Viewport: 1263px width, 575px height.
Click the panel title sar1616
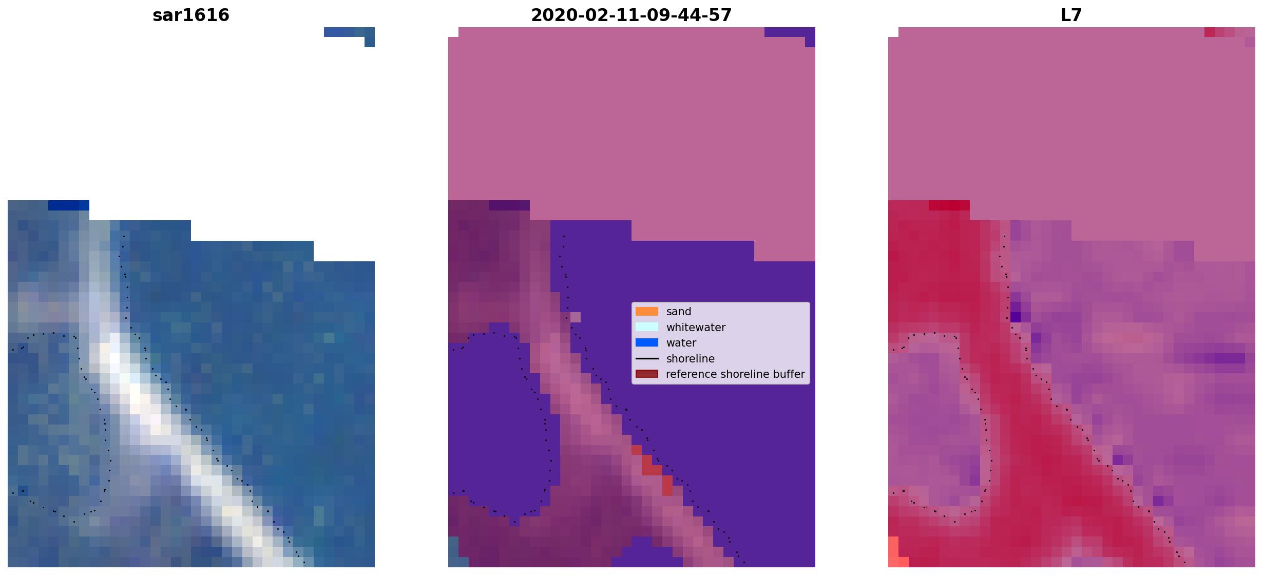191,15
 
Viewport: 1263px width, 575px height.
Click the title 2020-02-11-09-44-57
631,15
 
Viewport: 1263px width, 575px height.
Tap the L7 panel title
1071,15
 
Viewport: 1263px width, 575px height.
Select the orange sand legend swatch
647,312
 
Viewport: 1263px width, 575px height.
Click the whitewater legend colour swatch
647,327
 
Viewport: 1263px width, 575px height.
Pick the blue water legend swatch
647,342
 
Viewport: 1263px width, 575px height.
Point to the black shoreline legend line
647,358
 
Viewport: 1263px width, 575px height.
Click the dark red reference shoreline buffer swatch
647,374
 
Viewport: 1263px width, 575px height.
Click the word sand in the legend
679,312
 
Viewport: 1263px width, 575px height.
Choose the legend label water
681,343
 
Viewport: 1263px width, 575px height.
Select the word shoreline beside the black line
691,358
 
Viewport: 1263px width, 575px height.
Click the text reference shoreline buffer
735,374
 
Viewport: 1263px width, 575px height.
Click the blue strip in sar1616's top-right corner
349,33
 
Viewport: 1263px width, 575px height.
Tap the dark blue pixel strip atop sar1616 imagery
69,205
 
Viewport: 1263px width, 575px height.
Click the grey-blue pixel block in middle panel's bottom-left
453,552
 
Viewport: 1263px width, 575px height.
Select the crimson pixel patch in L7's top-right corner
1219,32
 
